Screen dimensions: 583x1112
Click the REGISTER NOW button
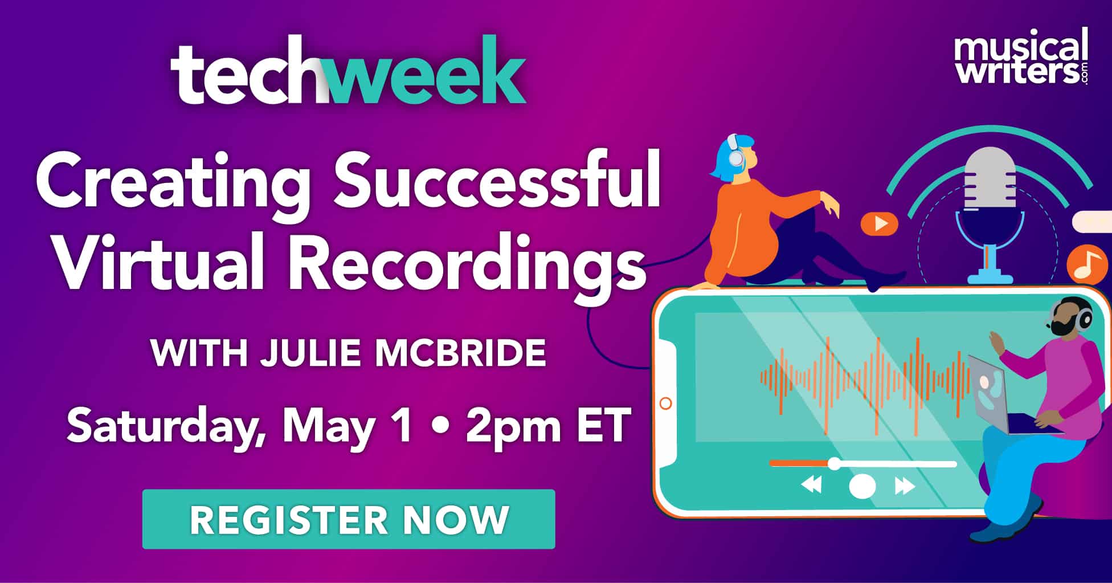348,519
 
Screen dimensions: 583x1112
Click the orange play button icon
879,223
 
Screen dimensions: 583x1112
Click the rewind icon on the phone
811,486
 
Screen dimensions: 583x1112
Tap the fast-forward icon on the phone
905,486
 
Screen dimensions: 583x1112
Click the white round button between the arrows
862,486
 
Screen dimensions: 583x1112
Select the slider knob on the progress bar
834,463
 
